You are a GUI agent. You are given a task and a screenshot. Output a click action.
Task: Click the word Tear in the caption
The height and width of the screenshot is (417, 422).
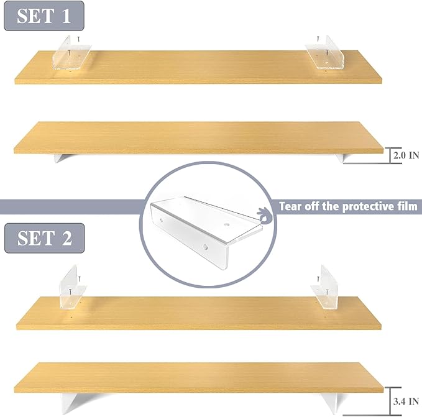[x=291, y=206]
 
